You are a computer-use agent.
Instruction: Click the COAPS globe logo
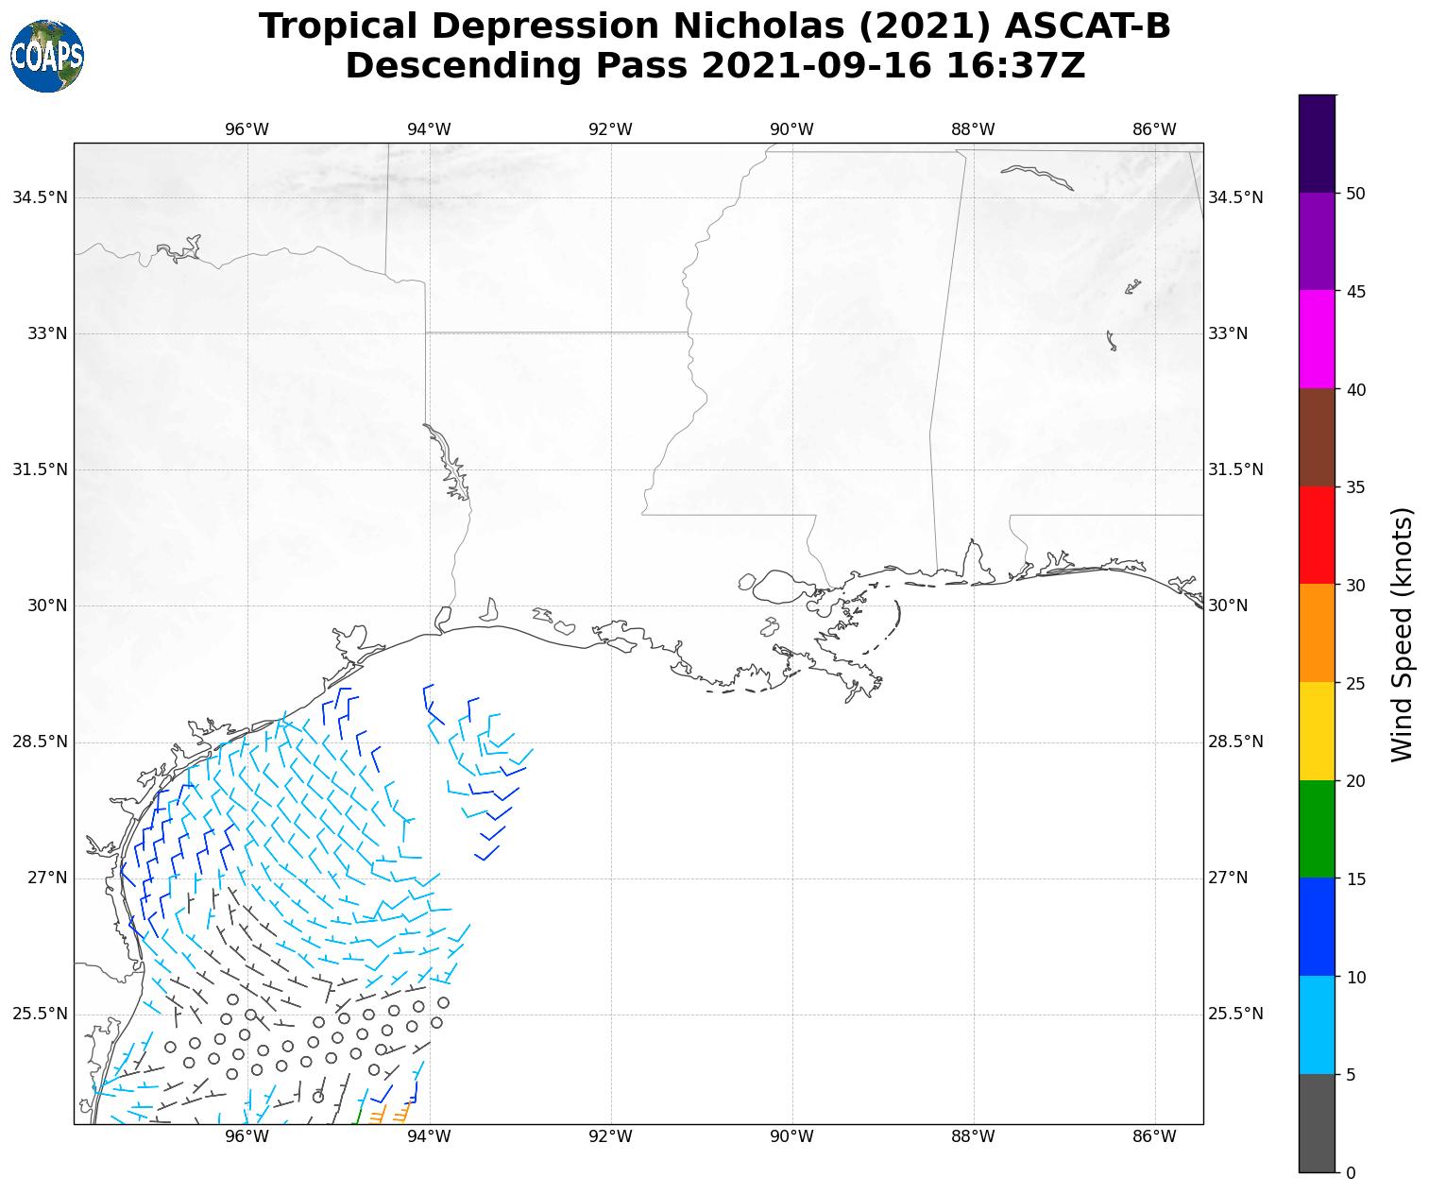47,56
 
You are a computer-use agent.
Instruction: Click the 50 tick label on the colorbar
1356,194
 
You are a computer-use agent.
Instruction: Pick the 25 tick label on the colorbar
1356,683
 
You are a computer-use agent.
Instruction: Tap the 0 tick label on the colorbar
1351,1172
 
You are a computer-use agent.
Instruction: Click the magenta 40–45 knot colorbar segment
1317,339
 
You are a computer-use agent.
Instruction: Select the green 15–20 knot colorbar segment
1317,828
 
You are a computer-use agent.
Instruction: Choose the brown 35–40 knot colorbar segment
1317,437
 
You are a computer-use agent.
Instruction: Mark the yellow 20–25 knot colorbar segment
1317,731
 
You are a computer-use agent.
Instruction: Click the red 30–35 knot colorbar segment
1317,536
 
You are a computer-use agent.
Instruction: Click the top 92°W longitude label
610,129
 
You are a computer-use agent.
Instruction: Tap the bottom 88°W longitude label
973,1136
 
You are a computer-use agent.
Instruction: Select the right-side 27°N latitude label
1228,878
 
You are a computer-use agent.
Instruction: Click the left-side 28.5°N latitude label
40,742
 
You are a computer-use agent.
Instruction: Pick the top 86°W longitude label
1154,129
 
